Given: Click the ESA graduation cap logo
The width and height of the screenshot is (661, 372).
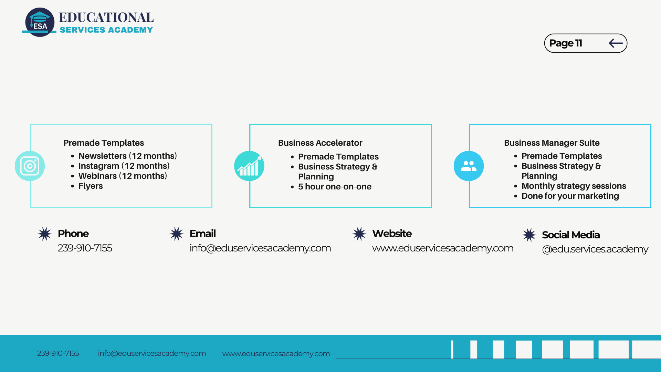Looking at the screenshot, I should (40, 22).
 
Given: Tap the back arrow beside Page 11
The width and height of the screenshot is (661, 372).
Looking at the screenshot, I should (616, 43).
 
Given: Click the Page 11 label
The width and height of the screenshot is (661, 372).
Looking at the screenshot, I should (565, 43).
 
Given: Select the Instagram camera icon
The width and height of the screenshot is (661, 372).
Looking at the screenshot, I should (30, 166).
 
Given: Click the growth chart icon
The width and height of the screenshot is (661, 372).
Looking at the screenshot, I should (249, 166).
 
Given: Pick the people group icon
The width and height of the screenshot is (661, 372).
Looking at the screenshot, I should (469, 166).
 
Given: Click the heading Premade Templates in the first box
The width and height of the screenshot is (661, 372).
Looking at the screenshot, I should (104, 143).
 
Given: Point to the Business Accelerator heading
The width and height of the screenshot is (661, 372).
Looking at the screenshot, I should (320, 143).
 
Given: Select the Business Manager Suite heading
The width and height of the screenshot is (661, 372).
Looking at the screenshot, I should (552, 143).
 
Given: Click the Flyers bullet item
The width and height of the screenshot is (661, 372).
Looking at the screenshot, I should (91, 186).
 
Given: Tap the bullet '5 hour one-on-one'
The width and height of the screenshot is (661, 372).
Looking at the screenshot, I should (335, 187).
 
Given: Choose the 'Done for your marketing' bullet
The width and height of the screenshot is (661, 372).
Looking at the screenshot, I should (570, 196).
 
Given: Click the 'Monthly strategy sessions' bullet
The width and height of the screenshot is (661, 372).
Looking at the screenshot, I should (574, 186).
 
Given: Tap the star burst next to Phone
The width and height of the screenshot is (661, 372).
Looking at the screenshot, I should (45, 234).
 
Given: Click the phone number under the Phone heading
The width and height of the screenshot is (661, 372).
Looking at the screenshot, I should (85, 248).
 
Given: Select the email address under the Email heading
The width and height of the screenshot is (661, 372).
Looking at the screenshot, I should (260, 248).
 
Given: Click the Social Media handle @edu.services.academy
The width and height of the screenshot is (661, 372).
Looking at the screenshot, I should (595, 249).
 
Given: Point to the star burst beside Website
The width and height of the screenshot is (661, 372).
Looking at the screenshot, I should (359, 234).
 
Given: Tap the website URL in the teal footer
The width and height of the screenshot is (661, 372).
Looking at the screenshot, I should (276, 354).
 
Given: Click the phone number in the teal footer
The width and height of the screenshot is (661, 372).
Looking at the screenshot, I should (58, 353).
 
